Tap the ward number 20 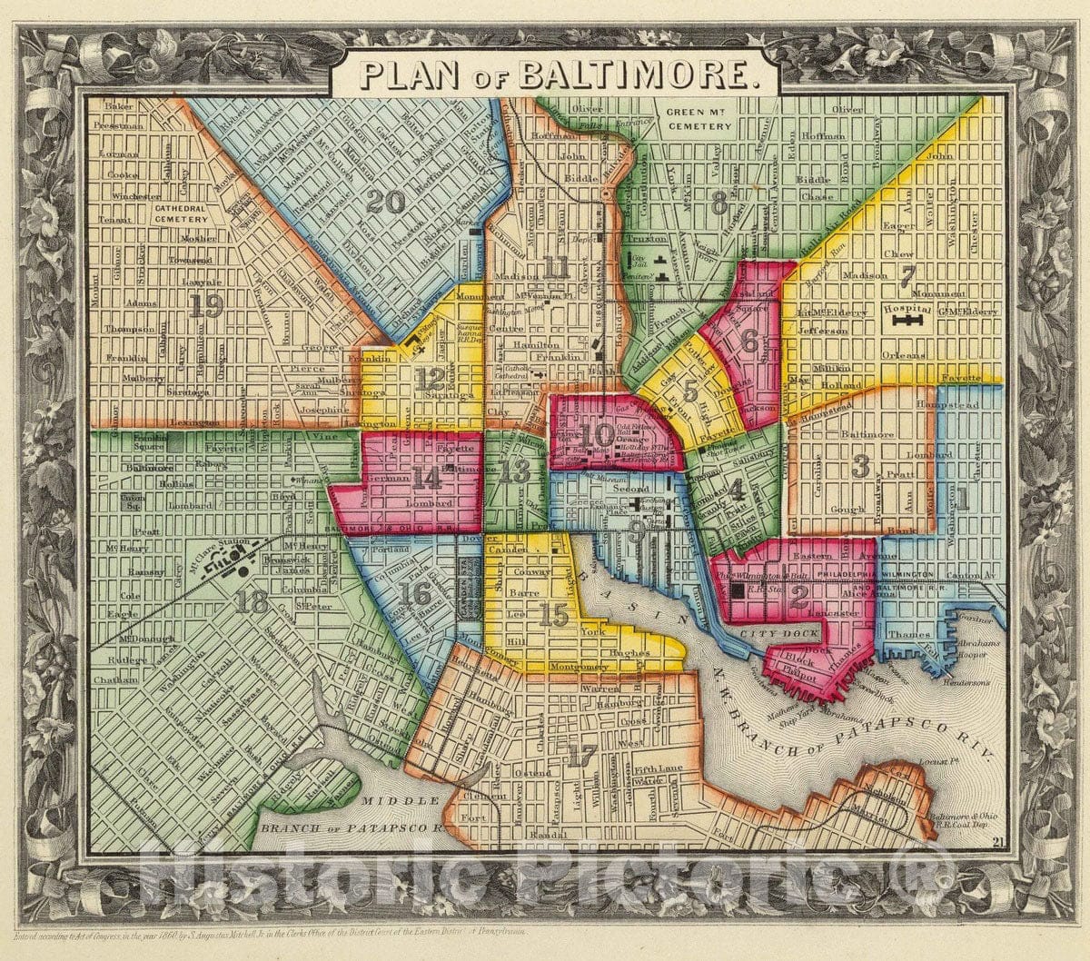pyautogui.click(x=385, y=203)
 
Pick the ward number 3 pyautogui.click(x=860, y=466)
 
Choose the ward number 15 pyautogui.click(x=553, y=616)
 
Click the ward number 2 pyautogui.click(x=798, y=596)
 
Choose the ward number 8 pyautogui.click(x=718, y=203)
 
